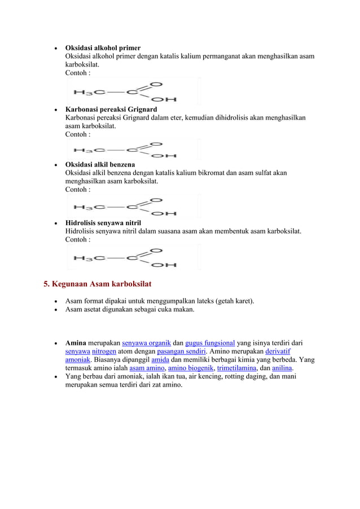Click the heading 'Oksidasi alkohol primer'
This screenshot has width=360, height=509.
click(x=103, y=47)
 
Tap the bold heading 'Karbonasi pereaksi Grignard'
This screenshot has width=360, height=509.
click(x=111, y=109)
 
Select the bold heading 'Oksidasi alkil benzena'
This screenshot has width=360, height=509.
click(x=100, y=164)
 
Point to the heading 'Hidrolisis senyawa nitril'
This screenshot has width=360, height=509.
click(x=103, y=222)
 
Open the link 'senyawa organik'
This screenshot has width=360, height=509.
click(x=146, y=343)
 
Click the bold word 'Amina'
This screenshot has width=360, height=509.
click(x=76, y=343)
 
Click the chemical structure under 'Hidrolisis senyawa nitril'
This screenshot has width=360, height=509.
click(x=133, y=257)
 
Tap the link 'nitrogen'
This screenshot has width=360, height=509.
click(x=104, y=351)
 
